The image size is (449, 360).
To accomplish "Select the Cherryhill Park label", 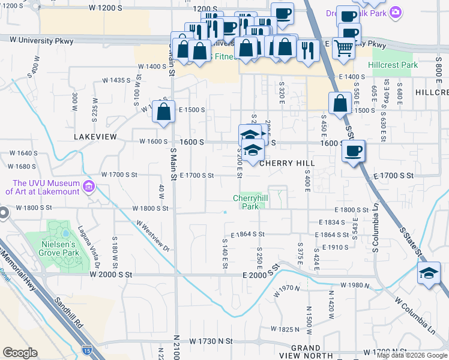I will pyautogui.click(x=250, y=202).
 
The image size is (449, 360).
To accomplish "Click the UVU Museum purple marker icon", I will pyautogui.click(x=89, y=185).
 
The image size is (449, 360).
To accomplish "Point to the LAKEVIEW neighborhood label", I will pyautogui.click(x=95, y=137).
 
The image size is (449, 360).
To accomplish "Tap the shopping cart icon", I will pyautogui.click(x=343, y=48).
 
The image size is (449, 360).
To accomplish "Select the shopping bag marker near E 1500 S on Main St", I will pyautogui.click(x=163, y=112).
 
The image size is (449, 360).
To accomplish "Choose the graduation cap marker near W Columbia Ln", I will pyautogui.click(x=429, y=273).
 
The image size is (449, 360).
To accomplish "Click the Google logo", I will pyautogui.click(x=20, y=353).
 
